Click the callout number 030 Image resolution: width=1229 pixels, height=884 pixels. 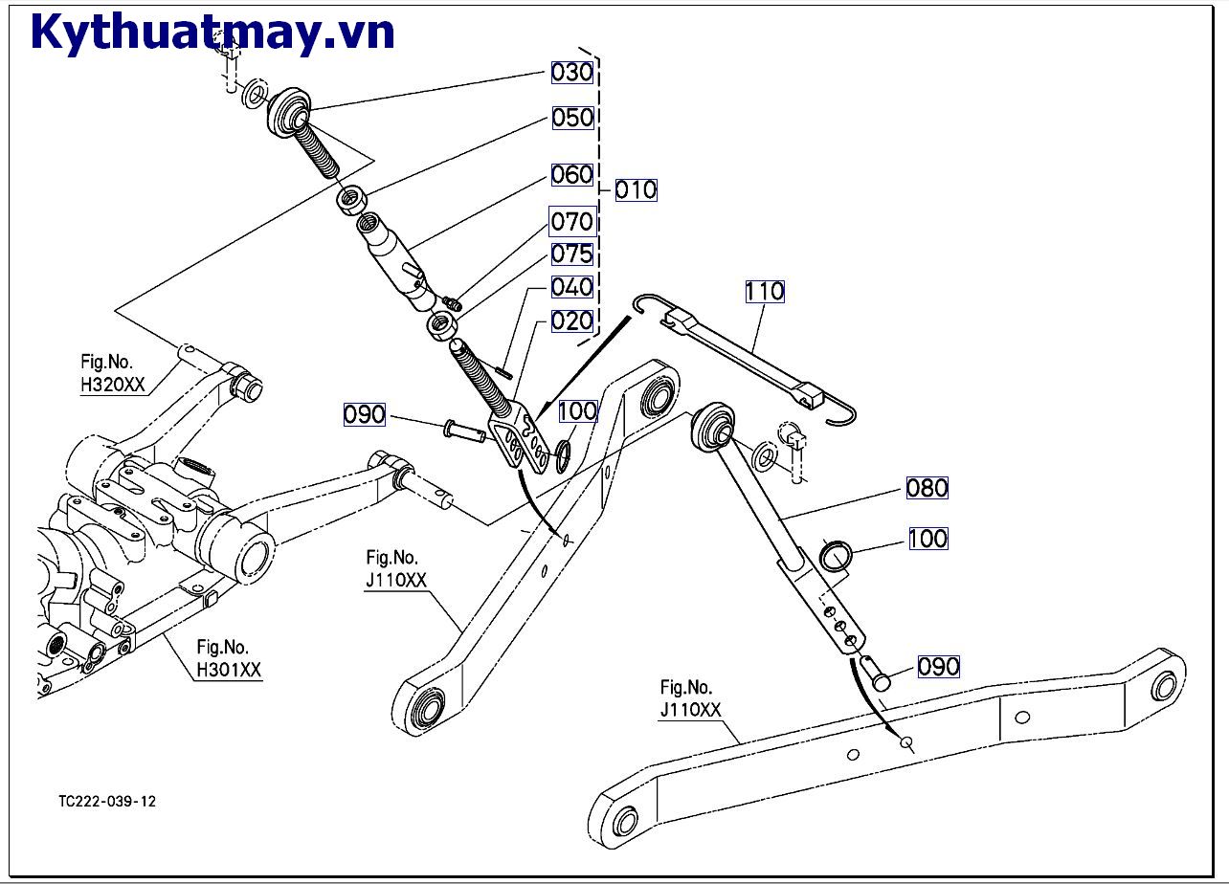(572, 72)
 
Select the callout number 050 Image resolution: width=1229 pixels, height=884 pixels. (572, 118)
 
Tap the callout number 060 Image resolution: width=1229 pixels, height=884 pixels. (572, 175)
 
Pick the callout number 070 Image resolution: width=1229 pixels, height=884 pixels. (572, 222)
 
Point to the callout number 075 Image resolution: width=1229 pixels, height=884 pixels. (572, 254)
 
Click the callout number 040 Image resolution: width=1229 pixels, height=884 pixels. (572, 287)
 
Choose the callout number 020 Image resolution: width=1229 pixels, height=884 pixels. (572, 320)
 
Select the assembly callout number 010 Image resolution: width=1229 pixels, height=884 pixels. (636, 189)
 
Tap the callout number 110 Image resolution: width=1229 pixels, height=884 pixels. (765, 291)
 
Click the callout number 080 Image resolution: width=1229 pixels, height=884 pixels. (927, 488)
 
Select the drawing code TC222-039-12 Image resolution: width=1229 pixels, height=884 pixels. (106, 801)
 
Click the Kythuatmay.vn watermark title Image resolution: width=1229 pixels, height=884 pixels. (212, 32)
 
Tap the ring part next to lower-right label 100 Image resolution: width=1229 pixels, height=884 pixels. (836, 556)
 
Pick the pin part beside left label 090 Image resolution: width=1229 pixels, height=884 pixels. (464, 431)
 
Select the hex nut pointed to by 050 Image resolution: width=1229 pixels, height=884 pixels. (353, 200)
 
